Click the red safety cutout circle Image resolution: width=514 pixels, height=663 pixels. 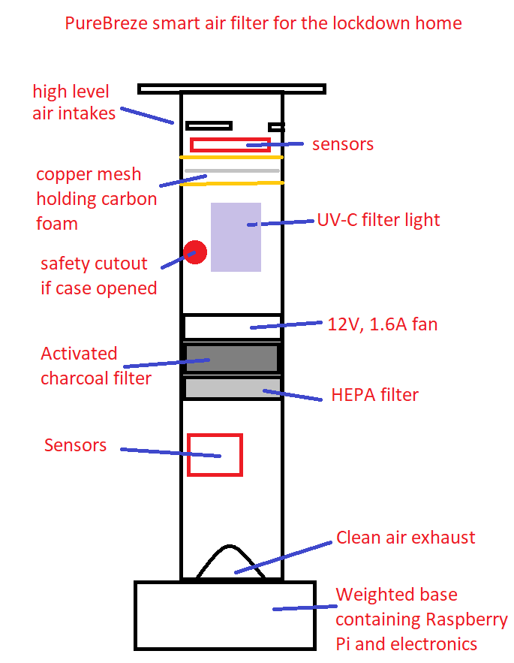coord(195,252)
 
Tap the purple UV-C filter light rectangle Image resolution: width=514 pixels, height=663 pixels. coord(236,237)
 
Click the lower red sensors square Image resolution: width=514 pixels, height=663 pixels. coord(215,454)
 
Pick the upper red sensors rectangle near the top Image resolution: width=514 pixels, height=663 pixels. coord(230,145)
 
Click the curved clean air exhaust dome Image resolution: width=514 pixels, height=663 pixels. coord(231,565)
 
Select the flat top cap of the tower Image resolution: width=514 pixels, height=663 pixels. coord(231,89)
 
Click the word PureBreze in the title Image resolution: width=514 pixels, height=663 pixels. coord(106,23)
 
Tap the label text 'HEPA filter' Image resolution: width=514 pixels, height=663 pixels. coord(374,395)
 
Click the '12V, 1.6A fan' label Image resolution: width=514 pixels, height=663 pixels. coord(382,324)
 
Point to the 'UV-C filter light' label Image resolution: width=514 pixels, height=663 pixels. coord(377,220)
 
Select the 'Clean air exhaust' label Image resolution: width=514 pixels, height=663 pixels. coord(405,538)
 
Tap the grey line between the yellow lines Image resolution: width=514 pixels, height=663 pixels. coord(233,171)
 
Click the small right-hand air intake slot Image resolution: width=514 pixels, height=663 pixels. coord(276,127)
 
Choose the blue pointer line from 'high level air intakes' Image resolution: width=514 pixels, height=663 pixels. coord(147,115)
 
